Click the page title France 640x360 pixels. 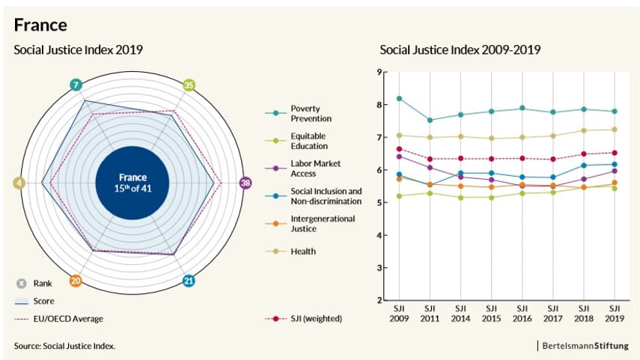tap(40, 25)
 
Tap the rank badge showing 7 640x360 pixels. tap(76, 85)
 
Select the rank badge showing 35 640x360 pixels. tap(189, 85)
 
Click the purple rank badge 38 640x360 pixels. tap(245, 183)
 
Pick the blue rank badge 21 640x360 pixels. tap(189, 281)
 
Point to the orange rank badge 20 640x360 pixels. tap(76, 281)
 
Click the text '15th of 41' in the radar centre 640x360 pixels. tap(132, 189)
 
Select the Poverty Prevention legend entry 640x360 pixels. tap(311, 114)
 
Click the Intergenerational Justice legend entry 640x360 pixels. tap(312, 224)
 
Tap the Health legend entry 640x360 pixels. tap(303, 251)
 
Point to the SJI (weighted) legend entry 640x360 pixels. tap(316, 319)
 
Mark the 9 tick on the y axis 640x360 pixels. tap(380, 73)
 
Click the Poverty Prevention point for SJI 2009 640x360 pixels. tap(399, 99)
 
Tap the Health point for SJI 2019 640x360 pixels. tap(615, 129)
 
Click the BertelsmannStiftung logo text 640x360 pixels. tap(585, 346)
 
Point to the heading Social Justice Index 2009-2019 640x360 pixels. tap(460, 50)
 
